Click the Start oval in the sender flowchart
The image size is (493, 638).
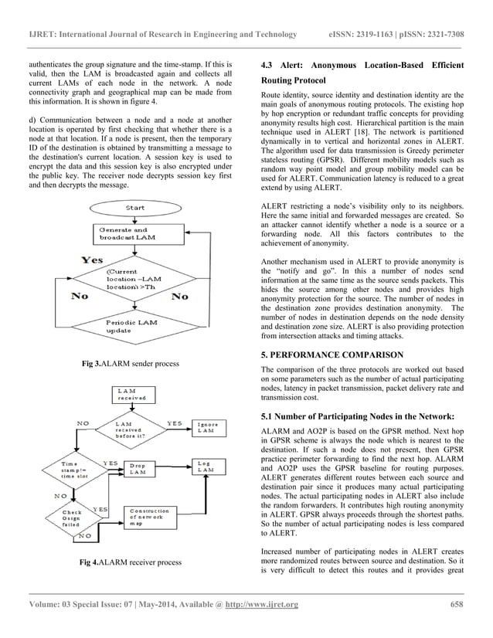[135, 208]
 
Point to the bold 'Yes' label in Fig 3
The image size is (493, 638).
[93, 260]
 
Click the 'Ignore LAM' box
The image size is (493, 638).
[209, 426]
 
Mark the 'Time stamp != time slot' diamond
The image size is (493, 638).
[70, 469]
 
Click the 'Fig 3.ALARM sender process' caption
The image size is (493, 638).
[131, 363]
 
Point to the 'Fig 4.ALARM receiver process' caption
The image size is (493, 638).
[131, 562]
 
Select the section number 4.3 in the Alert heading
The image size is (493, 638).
[270, 63]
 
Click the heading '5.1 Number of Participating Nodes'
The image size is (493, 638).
[357, 417]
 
